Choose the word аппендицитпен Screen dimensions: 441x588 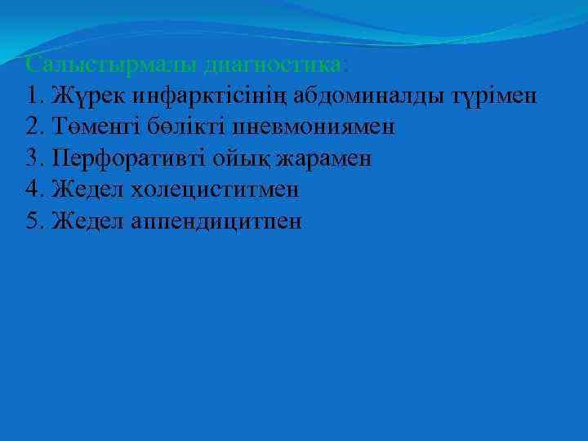tap(216, 221)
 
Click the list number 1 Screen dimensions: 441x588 tap(31, 96)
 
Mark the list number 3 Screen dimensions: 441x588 tap(31, 158)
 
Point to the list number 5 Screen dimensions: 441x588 tap(31, 221)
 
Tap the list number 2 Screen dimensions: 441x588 tap(31, 127)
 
